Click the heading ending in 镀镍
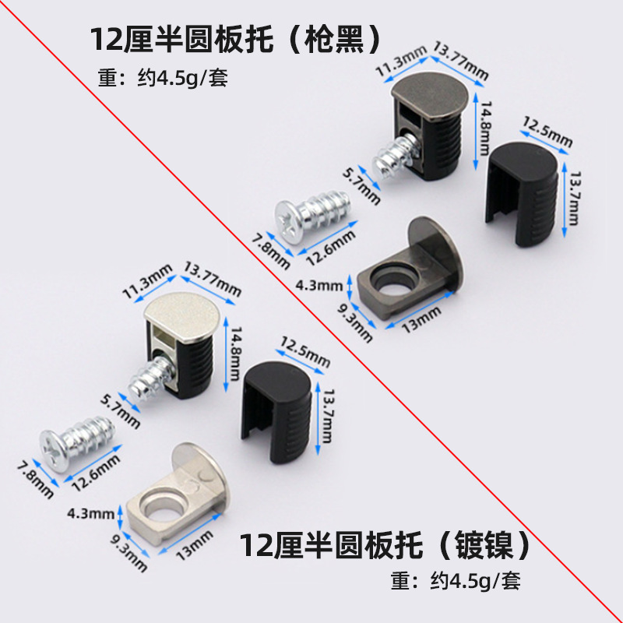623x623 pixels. point(386,544)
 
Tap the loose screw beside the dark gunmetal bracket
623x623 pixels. point(308,217)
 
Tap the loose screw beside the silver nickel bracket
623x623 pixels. point(78,442)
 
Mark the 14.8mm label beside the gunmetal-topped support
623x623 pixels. point(484,129)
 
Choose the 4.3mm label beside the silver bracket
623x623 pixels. point(86,515)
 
